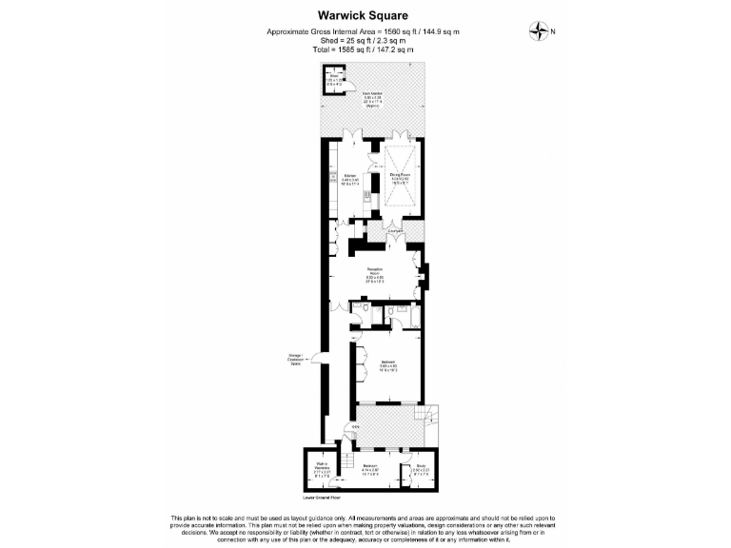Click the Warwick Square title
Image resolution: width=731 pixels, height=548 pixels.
[365, 15]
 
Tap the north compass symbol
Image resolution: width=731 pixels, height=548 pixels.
[541, 32]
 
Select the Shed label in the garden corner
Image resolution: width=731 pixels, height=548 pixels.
[334, 80]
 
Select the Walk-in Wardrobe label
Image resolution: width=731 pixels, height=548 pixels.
[322, 468]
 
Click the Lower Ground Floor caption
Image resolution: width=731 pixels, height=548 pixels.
[322, 497]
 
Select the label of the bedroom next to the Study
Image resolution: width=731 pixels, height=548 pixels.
[370, 467]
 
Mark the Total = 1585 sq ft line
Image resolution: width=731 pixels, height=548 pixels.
[365, 49]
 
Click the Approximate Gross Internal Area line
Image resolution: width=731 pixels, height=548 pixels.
[365, 32]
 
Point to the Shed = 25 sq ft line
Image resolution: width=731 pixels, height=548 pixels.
[365, 41]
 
